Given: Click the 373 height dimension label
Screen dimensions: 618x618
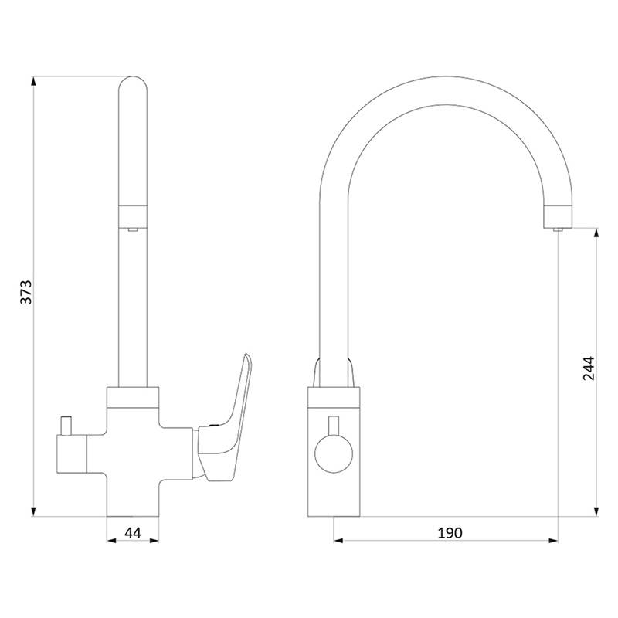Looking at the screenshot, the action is coord(26,292).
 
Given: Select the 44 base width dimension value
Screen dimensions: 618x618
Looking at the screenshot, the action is coord(133,533).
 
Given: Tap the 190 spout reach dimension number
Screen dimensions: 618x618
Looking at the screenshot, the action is coord(450,533).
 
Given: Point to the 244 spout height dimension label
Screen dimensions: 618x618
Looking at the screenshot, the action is coord(589,368).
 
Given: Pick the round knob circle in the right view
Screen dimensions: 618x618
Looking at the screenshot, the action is coord(334,453).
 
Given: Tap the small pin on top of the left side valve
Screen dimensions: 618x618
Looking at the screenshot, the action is coord(66,426).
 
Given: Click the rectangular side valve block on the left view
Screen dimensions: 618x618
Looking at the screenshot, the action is coord(72,453).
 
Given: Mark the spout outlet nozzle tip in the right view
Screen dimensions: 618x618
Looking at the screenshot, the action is coord(558,229).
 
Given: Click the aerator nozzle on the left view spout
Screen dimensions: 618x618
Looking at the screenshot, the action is coord(132,229).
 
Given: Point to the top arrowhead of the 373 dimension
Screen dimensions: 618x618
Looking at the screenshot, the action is coord(33,82).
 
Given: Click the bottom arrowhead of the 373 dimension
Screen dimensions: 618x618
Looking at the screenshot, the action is coord(33,511).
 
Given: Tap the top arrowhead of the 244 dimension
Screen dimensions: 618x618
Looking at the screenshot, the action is coord(596,233).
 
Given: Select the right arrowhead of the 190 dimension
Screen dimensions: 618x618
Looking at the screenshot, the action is coord(553,540).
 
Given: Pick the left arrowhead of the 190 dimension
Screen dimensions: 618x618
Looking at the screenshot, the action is coord(338,540).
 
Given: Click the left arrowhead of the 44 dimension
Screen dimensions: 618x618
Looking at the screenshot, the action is coord(112,540).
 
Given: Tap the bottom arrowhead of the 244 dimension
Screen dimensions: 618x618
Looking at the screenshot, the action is coord(596,511).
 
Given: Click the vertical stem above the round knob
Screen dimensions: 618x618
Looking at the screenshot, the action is coord(334,426).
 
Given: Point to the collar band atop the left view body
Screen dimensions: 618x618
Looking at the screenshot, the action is coord(133,397).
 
